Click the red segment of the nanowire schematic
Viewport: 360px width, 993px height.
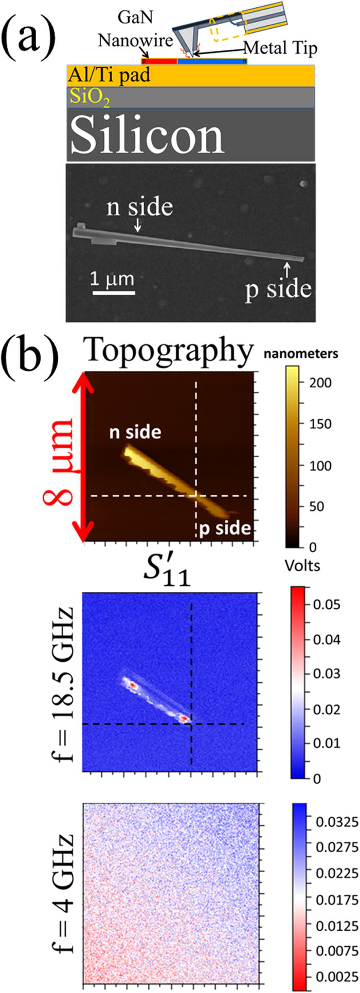tap(159, 61)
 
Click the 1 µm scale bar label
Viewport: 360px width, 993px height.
tap(113, 280)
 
